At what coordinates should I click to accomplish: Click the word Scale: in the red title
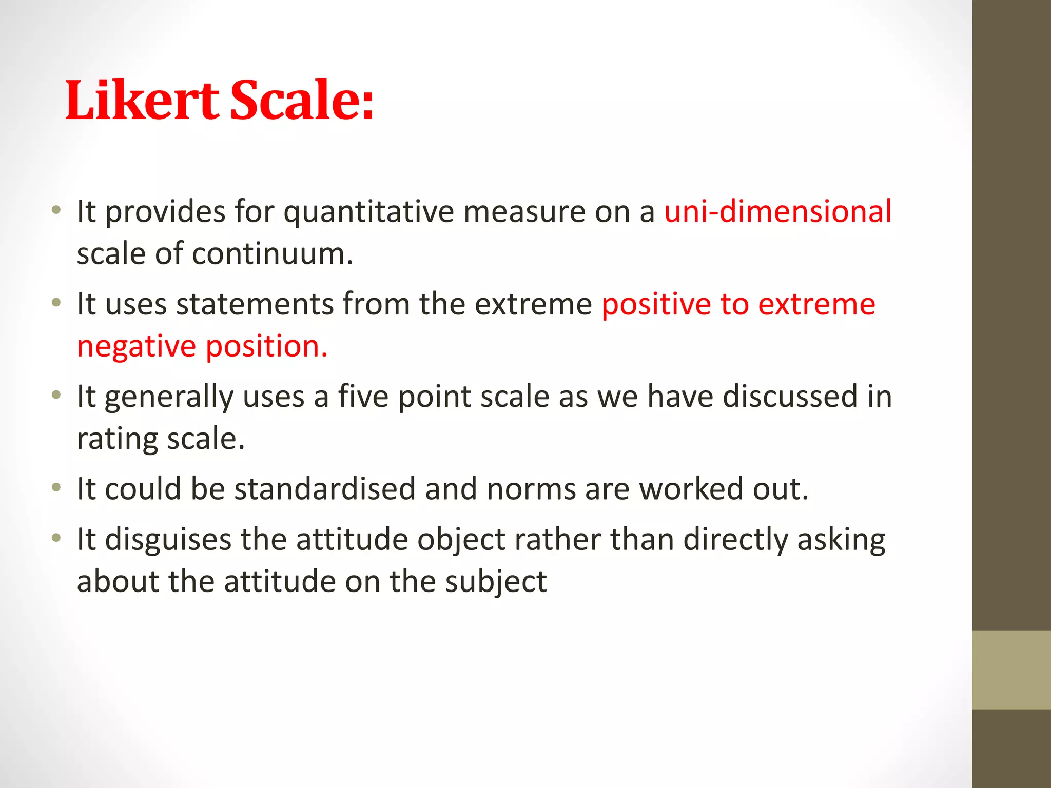coord(302,101)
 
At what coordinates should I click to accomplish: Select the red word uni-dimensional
coord(778,211)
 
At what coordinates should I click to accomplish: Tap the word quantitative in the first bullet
coord(369,211)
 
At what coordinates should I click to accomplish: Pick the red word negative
coord(137,346)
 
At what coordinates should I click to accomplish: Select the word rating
coord(118,439)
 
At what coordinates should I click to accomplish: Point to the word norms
coord(531,488)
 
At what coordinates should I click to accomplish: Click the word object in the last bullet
coord(461,540)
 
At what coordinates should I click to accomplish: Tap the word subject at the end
coord(496,582)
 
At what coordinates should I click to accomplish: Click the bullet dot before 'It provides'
coord(56,210)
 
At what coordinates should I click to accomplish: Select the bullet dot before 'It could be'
coord(56,487)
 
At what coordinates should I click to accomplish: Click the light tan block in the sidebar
coord(1011,669)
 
